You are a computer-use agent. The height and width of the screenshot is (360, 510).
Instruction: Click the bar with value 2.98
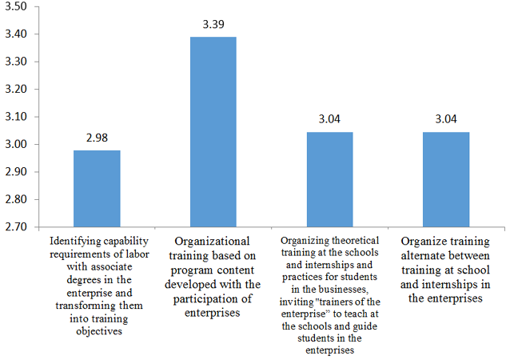coord(97,188)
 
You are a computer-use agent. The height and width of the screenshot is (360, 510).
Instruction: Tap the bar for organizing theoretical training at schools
coord(329,179)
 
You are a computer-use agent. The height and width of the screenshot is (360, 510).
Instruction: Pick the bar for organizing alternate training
coord(446,179)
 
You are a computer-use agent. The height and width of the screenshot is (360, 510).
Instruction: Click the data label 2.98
coord(97,137)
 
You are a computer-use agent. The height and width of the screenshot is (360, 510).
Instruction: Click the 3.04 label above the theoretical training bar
coord(329,120)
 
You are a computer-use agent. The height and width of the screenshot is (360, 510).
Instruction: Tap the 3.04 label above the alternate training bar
coord(446,120)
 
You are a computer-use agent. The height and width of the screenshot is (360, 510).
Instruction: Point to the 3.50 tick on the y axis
coord(17,6)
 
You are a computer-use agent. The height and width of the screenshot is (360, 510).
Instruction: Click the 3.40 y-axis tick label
coord(17,34)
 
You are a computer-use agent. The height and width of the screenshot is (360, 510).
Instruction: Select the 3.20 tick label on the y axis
coord(17,90)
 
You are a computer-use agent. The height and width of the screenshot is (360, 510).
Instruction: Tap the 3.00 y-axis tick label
coord(17,145)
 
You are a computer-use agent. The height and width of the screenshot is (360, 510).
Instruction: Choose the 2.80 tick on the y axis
coord(17,199)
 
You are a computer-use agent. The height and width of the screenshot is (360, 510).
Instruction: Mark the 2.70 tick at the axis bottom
coord(17,227)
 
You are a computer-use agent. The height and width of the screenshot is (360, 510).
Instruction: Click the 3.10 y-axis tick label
coord(17,117)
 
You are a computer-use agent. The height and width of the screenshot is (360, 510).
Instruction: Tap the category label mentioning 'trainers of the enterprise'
coord(329,294)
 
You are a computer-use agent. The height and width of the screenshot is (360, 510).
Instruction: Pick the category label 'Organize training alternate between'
coord(446,269)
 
